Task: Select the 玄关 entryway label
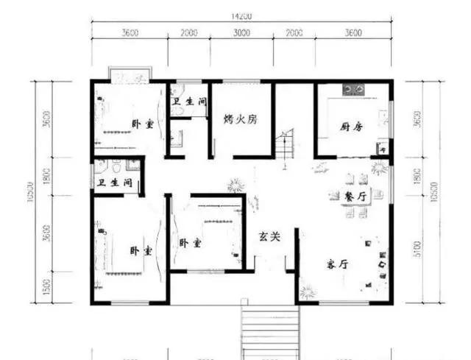coord(269,237)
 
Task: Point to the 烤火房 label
coord(240,120)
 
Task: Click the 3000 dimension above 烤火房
coord(241,33)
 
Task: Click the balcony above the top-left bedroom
coord(130,74)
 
